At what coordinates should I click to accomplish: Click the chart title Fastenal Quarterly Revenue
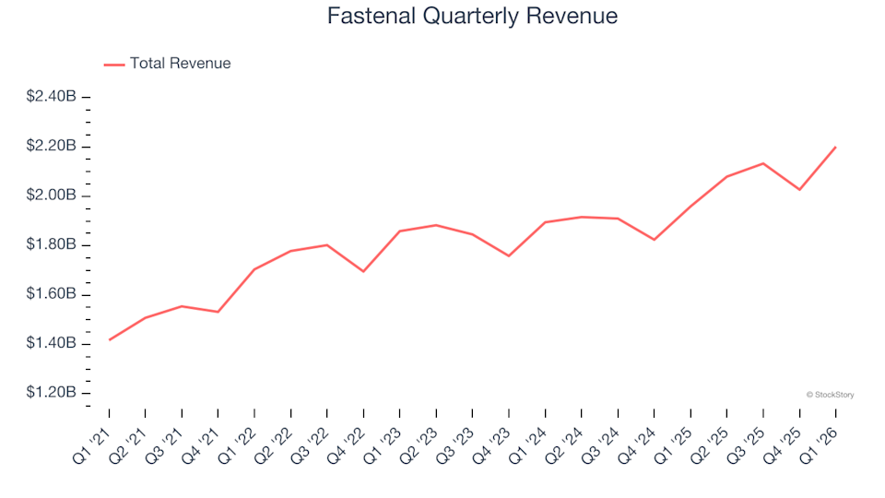[472, 17]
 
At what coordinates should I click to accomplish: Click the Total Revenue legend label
[180, 64]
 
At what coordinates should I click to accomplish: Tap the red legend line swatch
[114, 65]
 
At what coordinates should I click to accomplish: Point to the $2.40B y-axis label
[52, 98]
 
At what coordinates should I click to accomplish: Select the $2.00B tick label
[52, 196]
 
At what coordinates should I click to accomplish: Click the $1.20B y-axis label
[52, 393]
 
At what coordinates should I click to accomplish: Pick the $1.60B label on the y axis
[52, 294]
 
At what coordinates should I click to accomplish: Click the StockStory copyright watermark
[830, 395]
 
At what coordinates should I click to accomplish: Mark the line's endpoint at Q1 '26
[836, 147]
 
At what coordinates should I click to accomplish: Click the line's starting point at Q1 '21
[109, 340]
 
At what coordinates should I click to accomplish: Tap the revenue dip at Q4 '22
[363, 271]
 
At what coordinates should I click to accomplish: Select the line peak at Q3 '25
[763, 163]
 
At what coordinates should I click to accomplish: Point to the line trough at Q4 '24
[655, 240]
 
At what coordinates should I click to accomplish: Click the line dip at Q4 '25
[800, 190]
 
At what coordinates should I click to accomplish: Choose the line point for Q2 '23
[436, 225]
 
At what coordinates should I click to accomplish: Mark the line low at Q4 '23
[509, 255]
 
